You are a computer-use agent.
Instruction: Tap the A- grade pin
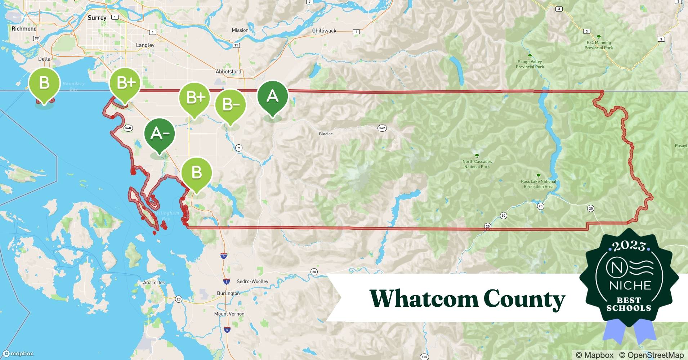(x=160, y=134)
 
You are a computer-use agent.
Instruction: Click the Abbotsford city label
(x=228, y=72)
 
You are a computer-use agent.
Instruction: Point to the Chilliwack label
(x=324, y=31)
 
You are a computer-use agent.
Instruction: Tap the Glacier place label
(x=326, y=134)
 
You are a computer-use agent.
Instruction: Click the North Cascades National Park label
(x=477, y=164)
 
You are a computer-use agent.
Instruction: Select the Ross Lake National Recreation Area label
(x=539, y=184)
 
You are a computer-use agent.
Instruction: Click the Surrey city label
(x=97, y=18)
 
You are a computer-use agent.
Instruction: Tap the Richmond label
(x=24, y=29)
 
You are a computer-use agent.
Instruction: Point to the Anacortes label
(x=154, y=283)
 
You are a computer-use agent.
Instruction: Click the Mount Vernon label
(x=229, y=314)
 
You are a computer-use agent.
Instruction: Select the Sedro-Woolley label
(x=253, y=282)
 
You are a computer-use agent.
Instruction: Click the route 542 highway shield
(x=382, y=128)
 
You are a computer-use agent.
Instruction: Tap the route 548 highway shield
(x=128, y=128)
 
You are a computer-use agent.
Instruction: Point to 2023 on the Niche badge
(x=629, y=246)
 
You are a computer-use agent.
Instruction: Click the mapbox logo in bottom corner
(x=18, y=354)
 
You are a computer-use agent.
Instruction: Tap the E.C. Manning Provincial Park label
(x=598, y=45)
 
